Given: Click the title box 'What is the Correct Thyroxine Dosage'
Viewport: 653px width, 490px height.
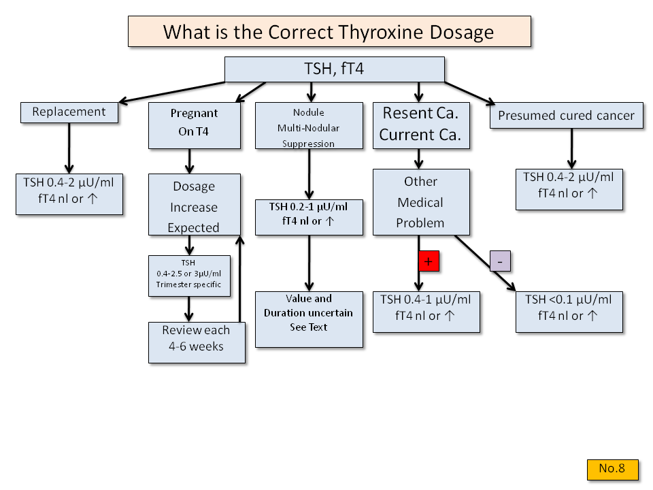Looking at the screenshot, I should [329, 31].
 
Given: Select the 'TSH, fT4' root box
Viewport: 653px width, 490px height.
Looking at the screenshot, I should [334, 69].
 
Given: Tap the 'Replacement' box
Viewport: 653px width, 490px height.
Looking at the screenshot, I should [69, 112].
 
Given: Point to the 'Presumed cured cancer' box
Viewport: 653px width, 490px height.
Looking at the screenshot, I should [566, 115].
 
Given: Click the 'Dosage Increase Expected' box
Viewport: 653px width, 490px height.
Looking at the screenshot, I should [195, 207].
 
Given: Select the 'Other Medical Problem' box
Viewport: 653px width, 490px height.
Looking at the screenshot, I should [420, 202].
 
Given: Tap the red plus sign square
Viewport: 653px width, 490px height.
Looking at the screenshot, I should [429, 261].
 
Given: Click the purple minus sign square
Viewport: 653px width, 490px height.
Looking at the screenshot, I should [500, 261].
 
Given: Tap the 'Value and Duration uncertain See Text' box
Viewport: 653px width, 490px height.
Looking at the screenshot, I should [309, 318].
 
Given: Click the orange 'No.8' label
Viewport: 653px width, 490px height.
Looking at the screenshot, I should [612, 469].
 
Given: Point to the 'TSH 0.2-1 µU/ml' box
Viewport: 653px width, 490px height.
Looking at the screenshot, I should [309, 216].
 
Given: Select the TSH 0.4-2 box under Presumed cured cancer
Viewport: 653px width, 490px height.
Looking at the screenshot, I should [569, 189].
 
